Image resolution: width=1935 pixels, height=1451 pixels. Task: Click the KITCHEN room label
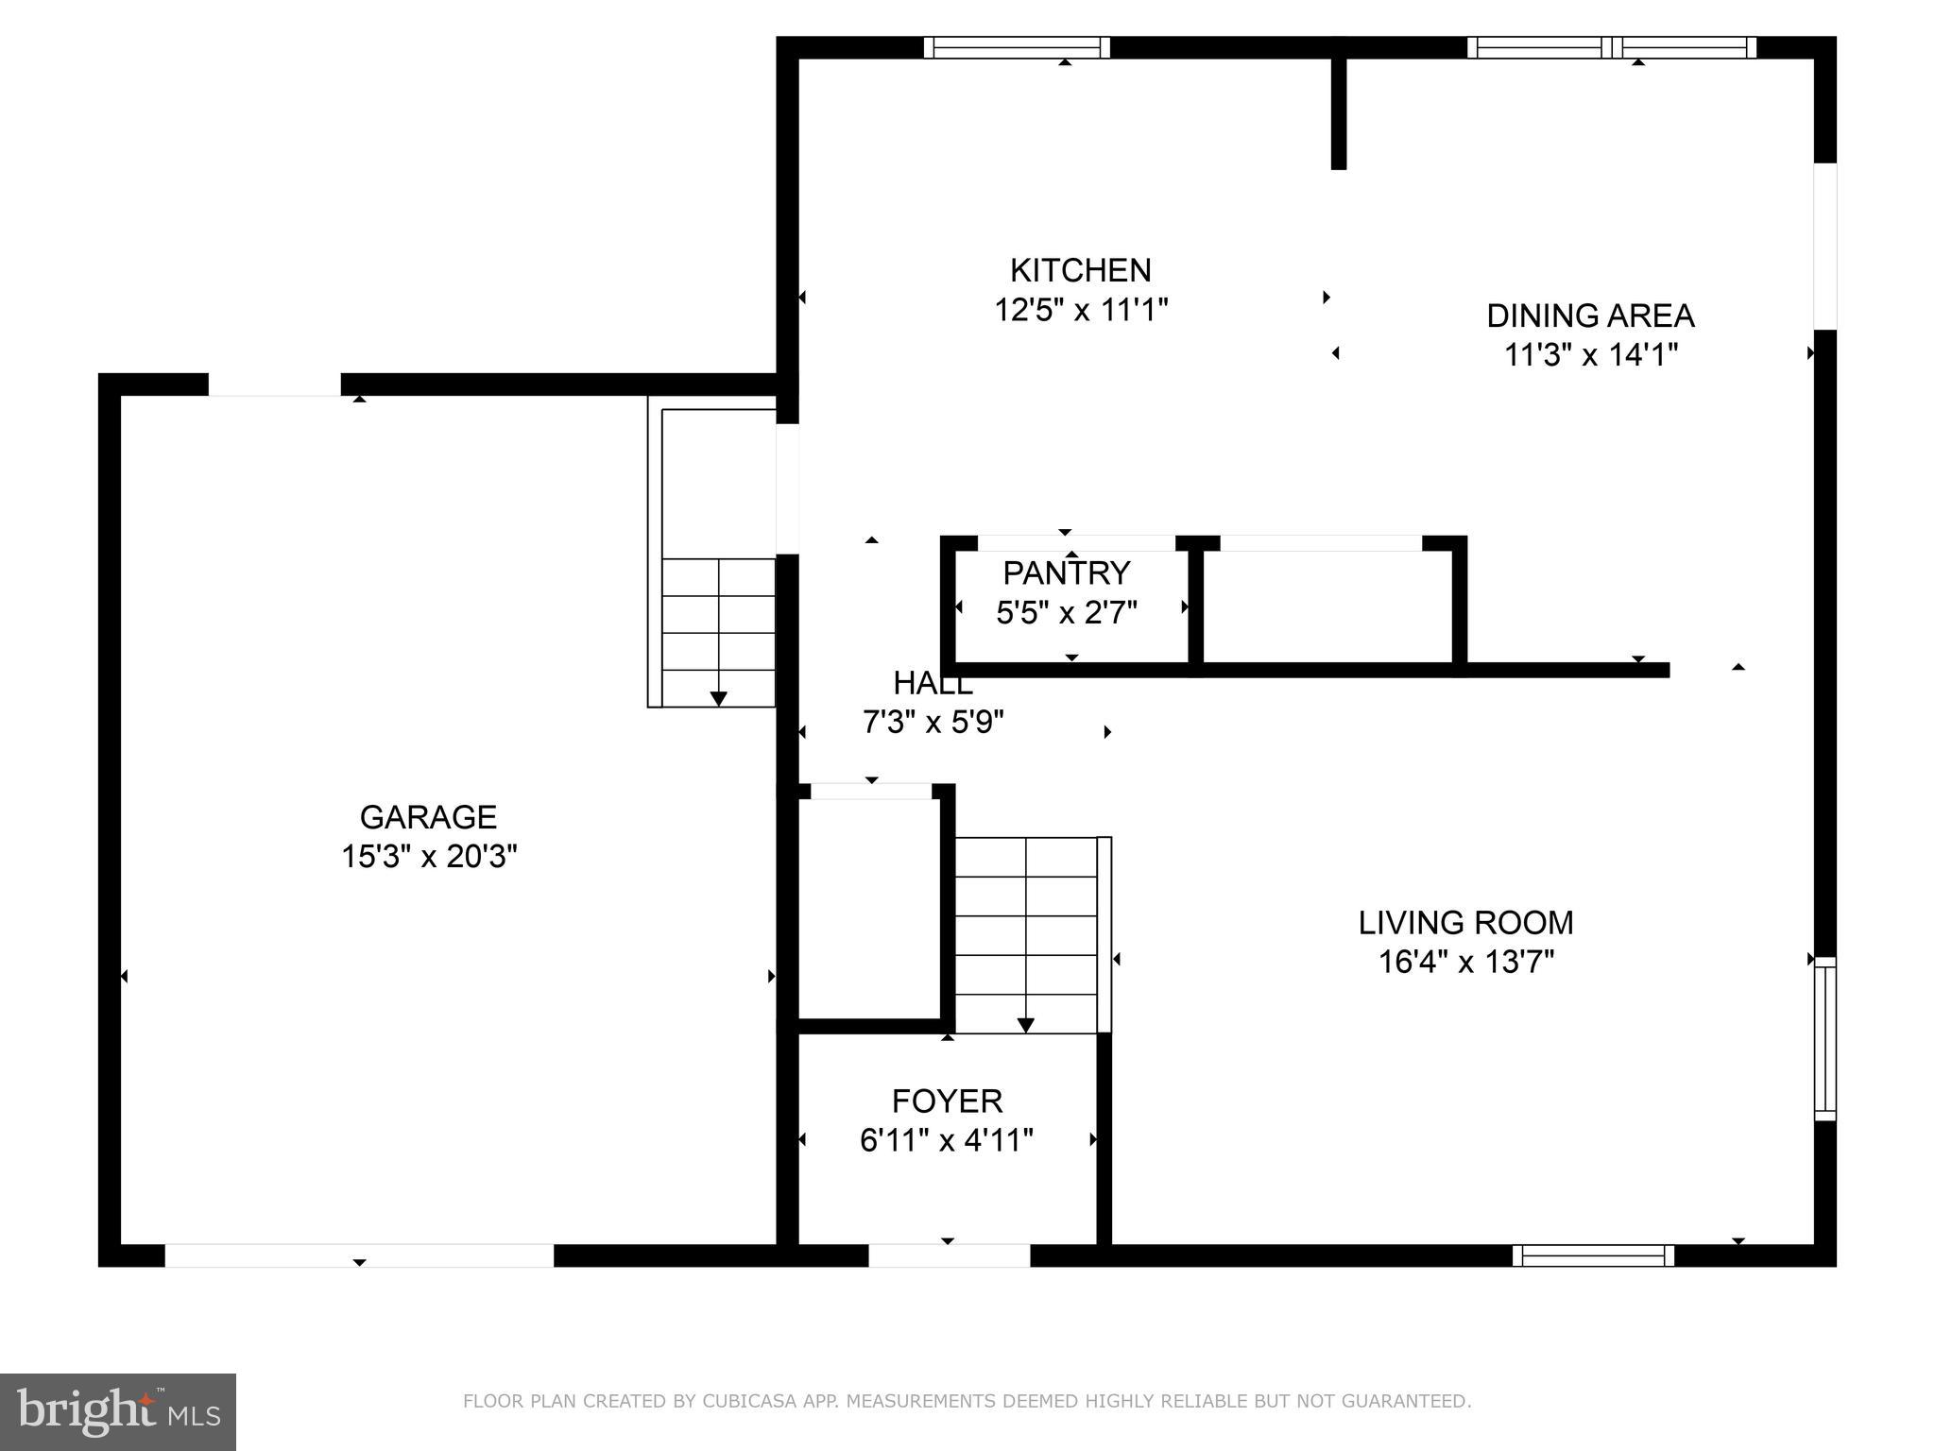tap(1080, 271)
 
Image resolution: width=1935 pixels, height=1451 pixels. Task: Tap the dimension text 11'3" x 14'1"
tap(1590, 355)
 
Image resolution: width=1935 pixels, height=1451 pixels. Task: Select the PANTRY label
tap(1066, 573)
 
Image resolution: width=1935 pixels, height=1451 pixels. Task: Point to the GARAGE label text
tap(428, 817)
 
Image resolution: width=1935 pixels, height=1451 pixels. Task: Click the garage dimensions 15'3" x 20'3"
tap(428, 857)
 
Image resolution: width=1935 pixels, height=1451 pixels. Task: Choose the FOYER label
tap(947, 1101)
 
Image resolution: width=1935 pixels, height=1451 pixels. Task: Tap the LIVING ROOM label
tap(1465, 923)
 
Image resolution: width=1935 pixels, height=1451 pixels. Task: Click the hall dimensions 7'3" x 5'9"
tap(933, 723)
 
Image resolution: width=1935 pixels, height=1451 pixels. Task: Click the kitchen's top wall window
tap(1017, 47)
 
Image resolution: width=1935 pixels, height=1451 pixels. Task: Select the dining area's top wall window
tap(1612, 47)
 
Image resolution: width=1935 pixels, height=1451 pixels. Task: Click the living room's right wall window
tap(1824, 1039)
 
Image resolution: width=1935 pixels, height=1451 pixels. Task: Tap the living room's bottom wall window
tap(1593, 1255)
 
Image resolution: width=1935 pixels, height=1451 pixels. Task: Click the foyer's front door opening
tap(949, 1255)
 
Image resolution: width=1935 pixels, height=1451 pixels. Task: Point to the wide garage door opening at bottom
tap(359, 1255)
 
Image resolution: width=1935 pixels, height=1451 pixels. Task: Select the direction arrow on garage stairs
tap(718, 698)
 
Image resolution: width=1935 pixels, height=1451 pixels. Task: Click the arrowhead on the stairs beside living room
tap(1025, 1025)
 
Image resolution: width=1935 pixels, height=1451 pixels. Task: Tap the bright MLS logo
tap(118, 1412)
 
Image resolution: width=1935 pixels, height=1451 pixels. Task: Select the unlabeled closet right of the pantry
tap(1327, 606)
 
